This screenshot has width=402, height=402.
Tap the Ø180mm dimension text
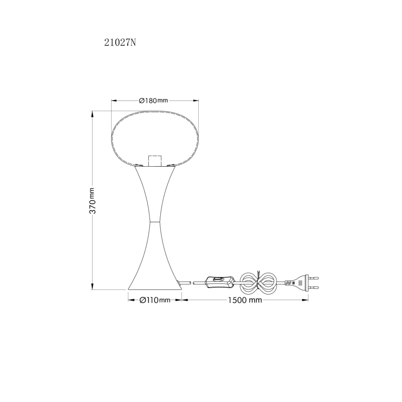click(x=153, y=100)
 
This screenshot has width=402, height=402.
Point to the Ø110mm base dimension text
click(x=155, y=300)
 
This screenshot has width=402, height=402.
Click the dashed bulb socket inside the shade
click(x=155, y=160)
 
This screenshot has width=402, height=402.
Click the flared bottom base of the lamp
click(x=155, y=280)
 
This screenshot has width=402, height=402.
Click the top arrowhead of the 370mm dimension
click(x=92, y=113)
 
